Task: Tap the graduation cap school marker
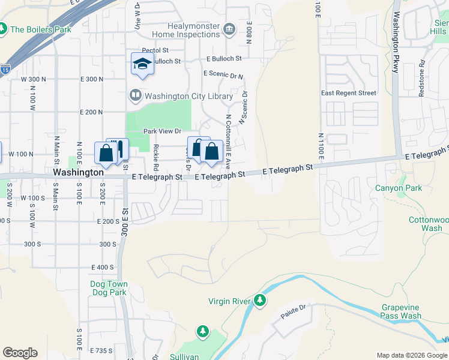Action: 143,64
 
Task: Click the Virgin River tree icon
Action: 260,299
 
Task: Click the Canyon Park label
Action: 399,188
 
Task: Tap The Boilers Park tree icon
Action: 2,29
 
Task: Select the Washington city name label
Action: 78,172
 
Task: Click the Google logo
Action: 20,353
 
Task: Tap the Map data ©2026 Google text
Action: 412,355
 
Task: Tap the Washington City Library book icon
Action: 136,95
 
